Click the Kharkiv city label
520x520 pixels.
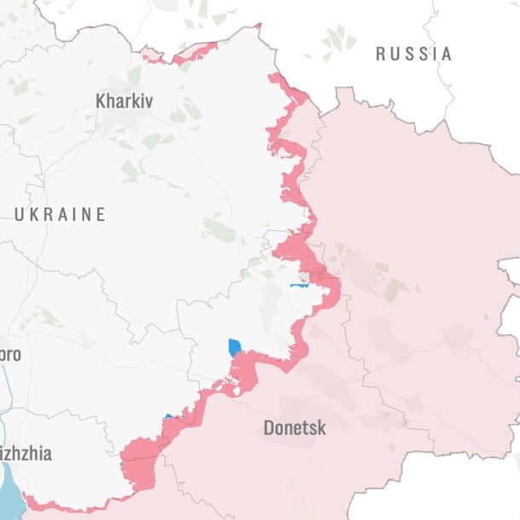pos(124,101)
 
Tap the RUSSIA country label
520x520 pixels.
pos(414,54)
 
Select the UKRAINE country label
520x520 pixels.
pos(60,214)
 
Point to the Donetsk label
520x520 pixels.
pos(294,427)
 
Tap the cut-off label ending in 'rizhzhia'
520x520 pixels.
pos(26,454)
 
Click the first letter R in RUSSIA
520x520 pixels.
pos(381,54)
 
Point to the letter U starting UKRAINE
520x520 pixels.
pos(19,214)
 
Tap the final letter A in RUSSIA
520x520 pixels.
pos(447,54)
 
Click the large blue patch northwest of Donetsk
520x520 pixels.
pos(234,347)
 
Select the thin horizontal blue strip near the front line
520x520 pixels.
pos(299,285)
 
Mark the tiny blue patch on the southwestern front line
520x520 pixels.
pos(168,417)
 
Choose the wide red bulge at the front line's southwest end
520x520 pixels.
pos(138,462)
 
